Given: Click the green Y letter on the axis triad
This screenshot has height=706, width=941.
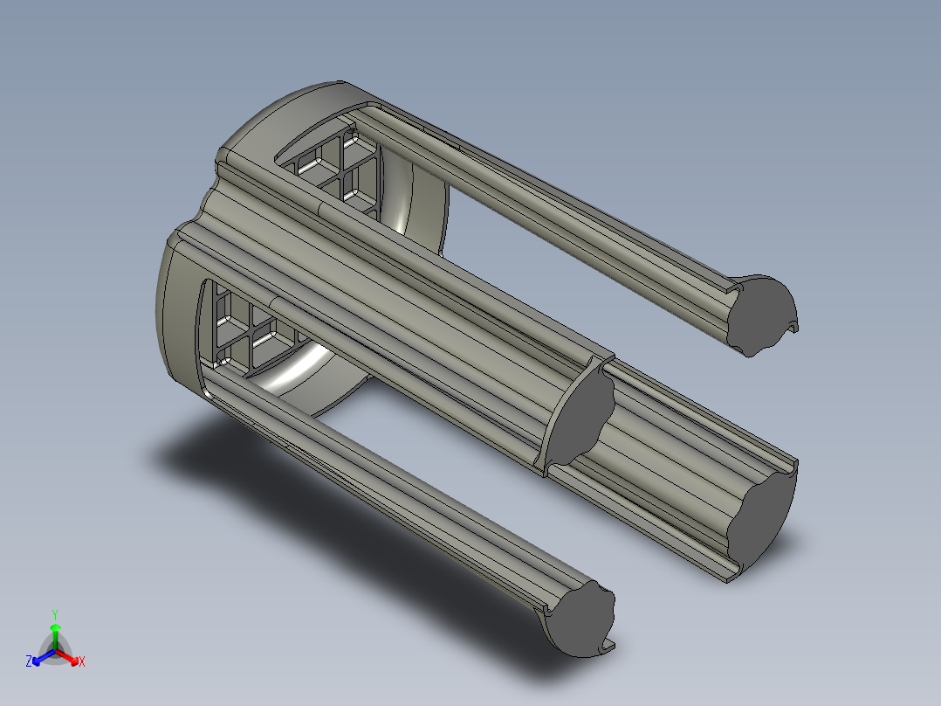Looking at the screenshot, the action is (55, 614).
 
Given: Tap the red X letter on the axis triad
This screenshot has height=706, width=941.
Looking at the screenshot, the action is (82, 661).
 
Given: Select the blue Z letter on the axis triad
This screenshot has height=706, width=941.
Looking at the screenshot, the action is (28, 661).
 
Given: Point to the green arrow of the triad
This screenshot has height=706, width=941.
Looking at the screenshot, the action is (55, 636).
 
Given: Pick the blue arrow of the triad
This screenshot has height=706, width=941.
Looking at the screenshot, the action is (44, 657).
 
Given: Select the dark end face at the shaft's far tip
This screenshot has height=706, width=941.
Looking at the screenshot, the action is (762, 516).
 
